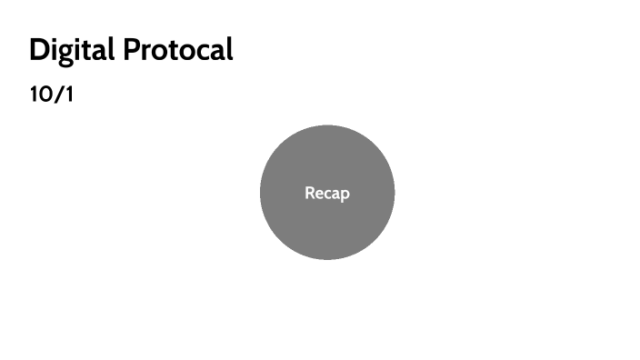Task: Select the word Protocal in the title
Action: point(178,50)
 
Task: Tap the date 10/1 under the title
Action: point(51,94)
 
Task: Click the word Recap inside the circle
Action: point(327,193)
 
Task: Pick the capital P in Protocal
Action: point(133,50)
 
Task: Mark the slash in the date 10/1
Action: point(57,94)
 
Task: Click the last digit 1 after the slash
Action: point(67,94)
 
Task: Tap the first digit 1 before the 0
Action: point(34,94)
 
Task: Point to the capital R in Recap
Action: point(310,193)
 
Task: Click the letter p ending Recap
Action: point(345,195)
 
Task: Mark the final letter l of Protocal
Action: point(229,50)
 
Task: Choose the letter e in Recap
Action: point(319,194)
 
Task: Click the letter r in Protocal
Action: point(147,53)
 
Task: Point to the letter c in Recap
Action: point(327,194)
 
